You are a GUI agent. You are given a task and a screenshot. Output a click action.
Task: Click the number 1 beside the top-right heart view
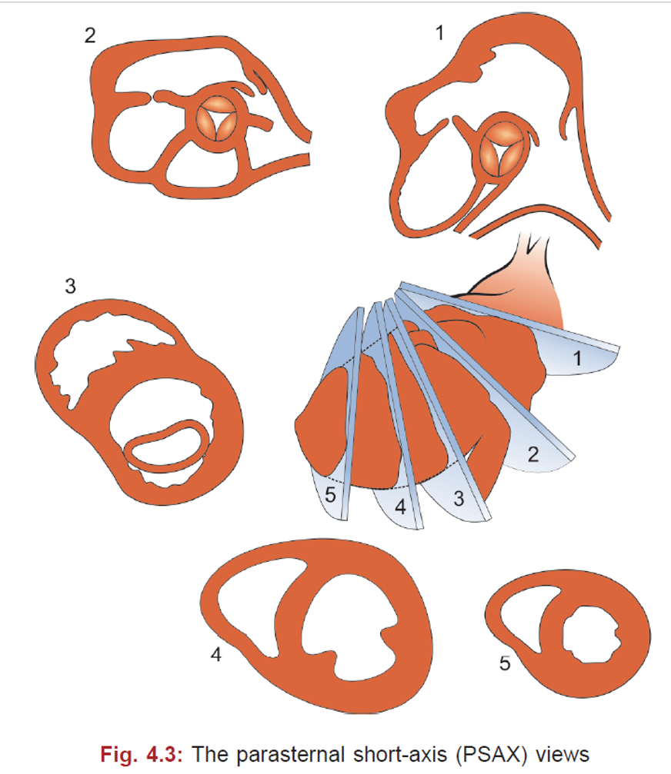(439, 34)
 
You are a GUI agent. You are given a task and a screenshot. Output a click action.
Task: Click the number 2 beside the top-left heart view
(92, 36)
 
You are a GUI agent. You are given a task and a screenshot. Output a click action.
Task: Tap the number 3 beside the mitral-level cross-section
(70, 286)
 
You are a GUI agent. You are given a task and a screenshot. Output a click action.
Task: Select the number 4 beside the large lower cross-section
(217, 654)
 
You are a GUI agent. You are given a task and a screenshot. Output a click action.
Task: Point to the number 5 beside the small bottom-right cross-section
(504, 663)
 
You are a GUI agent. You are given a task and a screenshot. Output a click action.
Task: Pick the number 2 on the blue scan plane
(532, 453)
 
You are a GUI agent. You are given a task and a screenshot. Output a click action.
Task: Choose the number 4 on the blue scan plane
(400, 507)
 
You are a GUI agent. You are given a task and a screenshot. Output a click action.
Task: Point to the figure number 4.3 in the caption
(162, 752)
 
